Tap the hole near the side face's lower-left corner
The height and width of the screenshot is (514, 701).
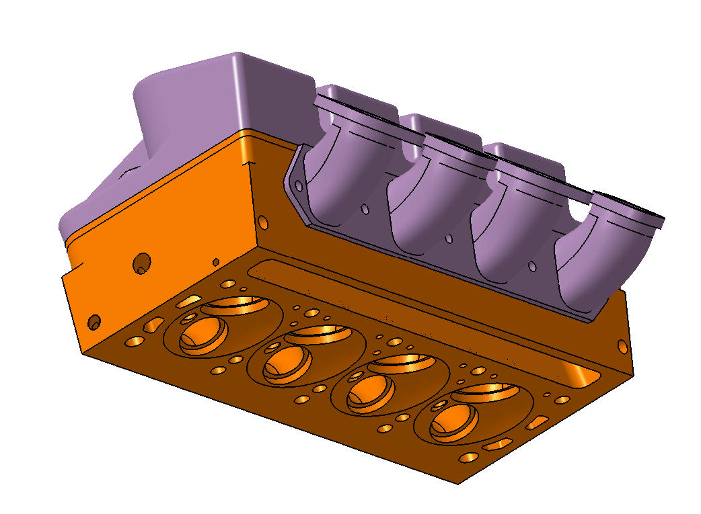[x=94, y=323]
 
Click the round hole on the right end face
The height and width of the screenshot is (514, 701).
[x=622, y=346]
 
